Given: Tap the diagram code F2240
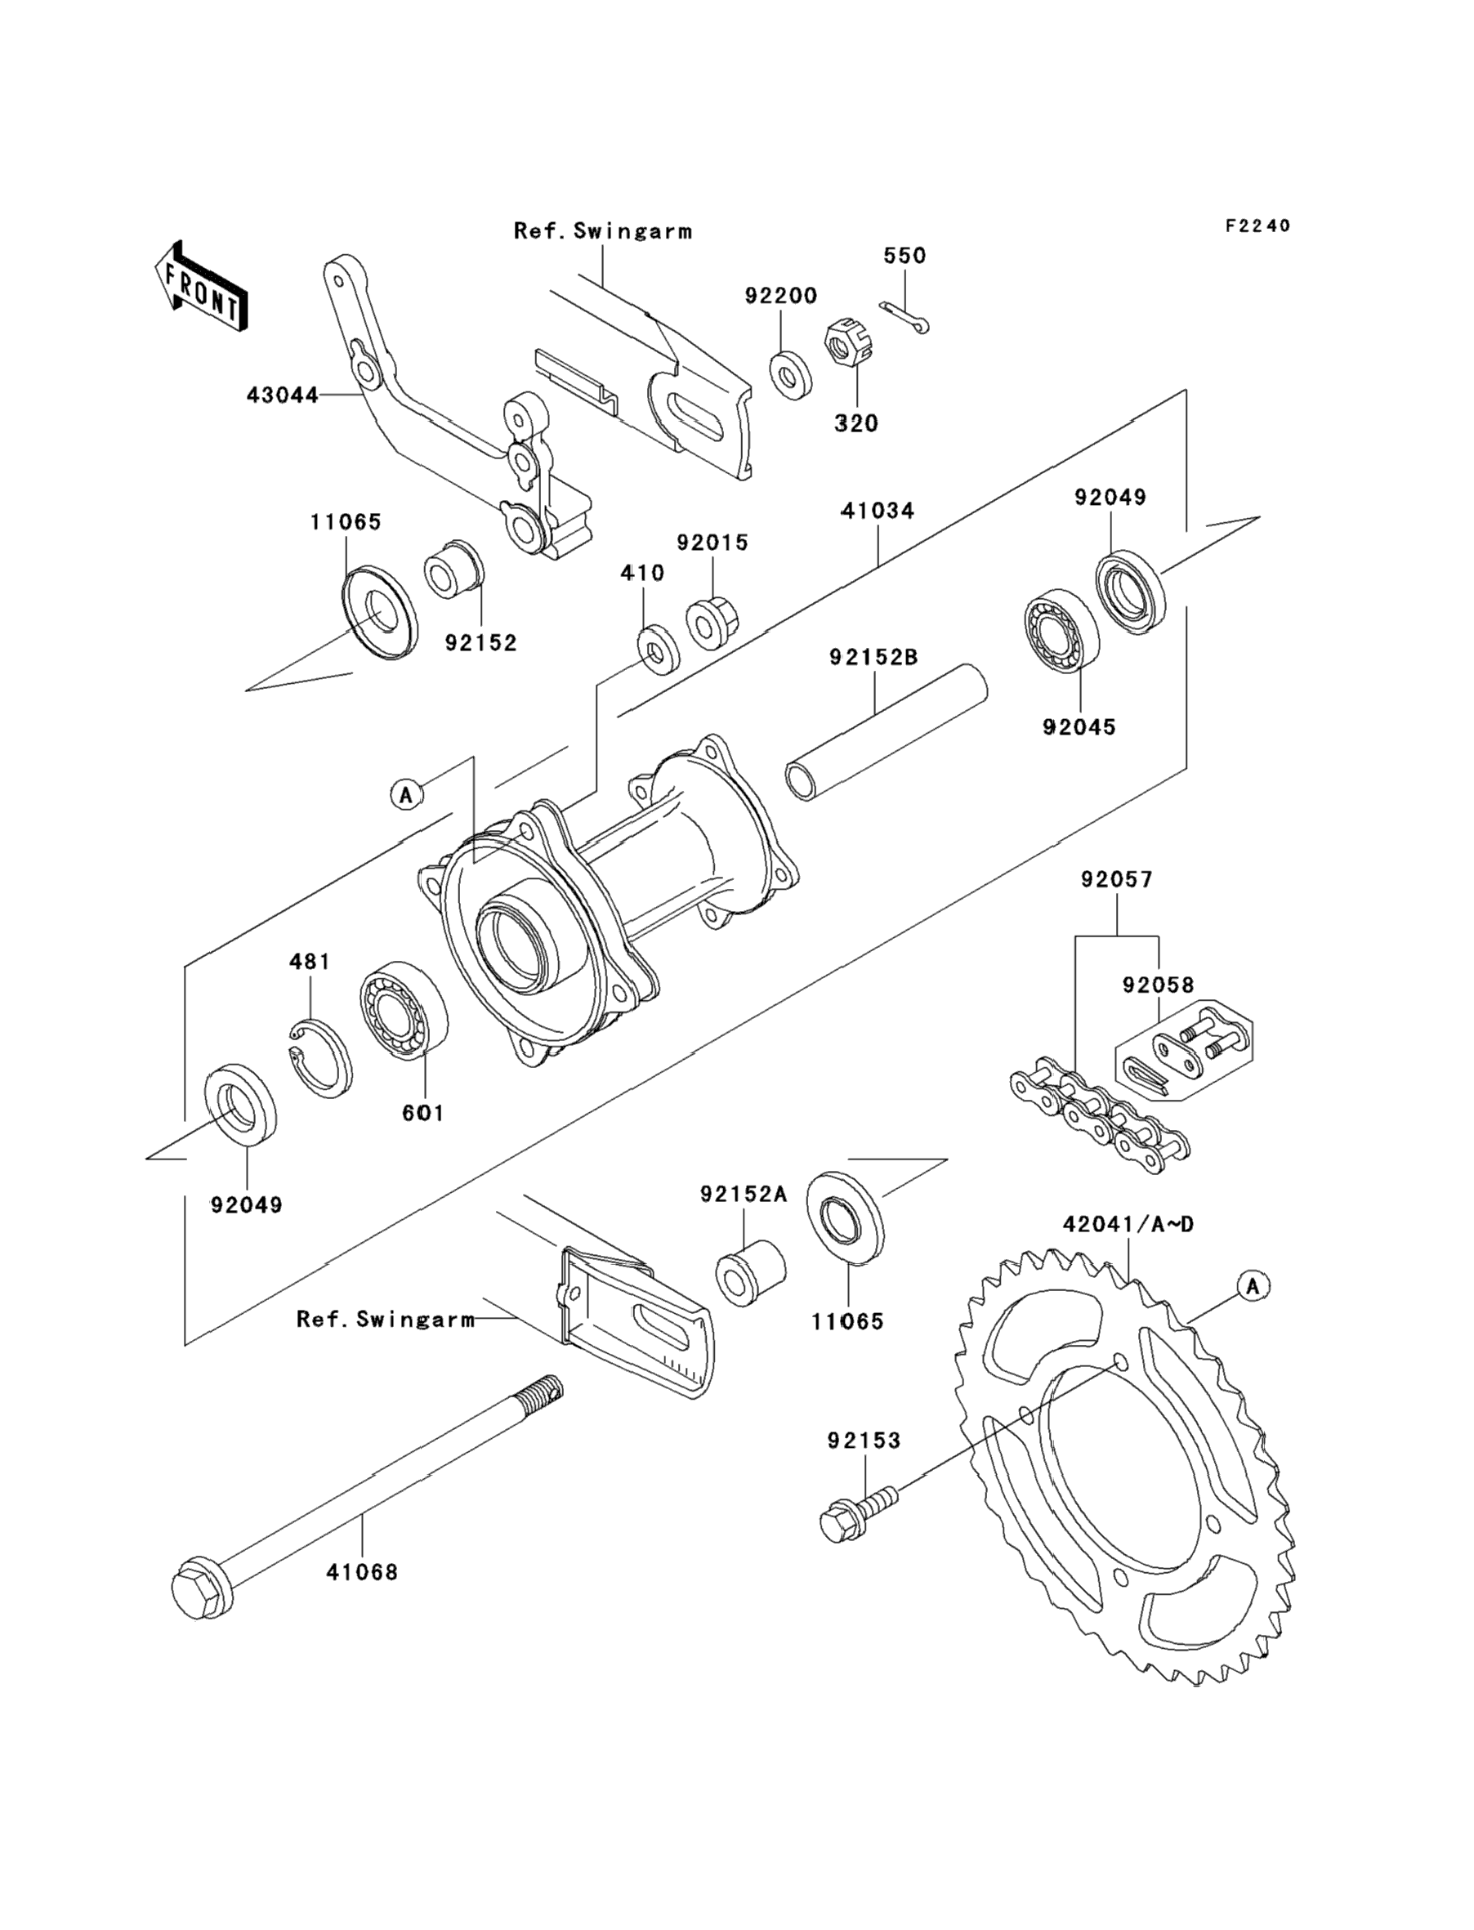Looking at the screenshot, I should [1257, 226].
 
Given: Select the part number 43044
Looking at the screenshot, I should [282, 395].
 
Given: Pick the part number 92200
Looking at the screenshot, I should [781, 296].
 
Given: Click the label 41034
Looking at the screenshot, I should [878, 511].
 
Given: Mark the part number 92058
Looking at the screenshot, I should [1158, 985].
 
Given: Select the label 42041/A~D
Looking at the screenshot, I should [1128, 1224].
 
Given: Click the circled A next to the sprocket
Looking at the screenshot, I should [1253, 1286].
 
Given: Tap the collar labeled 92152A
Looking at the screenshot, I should [750, 1273].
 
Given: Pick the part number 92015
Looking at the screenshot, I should [712, 543].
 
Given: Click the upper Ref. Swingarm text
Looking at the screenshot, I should [603, 231].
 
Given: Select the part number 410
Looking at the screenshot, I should [642, 573].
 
